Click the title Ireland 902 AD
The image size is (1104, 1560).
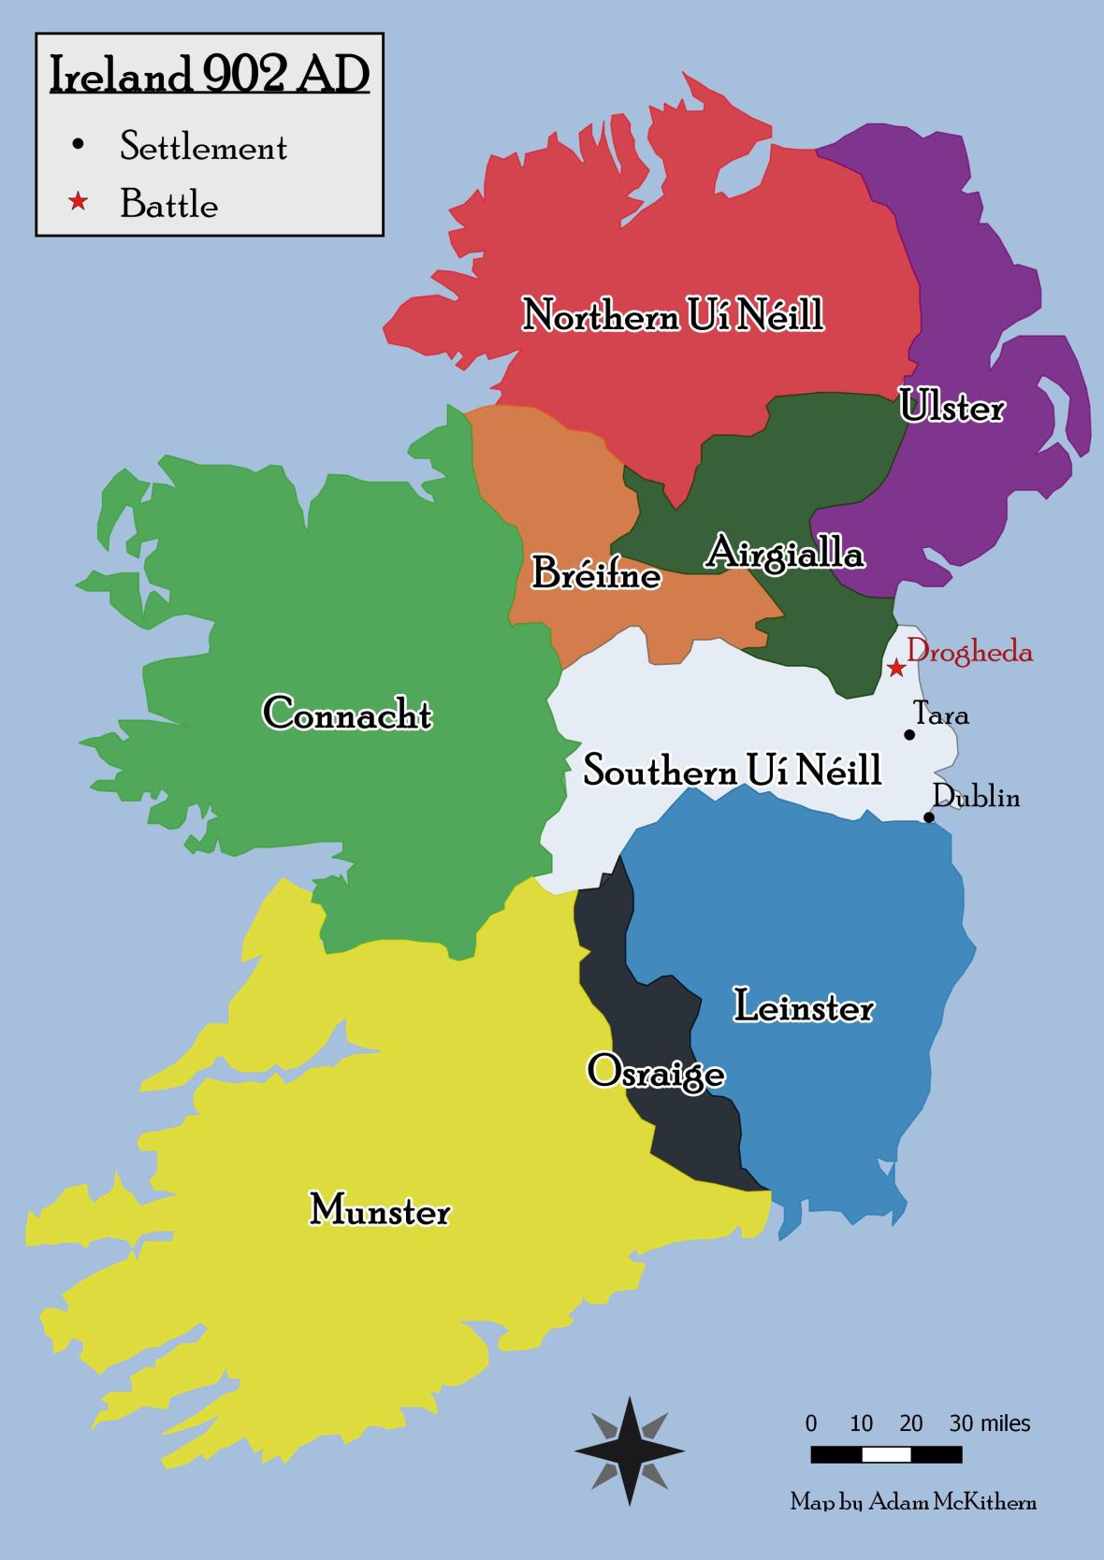(209, 75)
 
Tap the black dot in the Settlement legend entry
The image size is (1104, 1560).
(78, 144)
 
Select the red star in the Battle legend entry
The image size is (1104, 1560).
(78, 202)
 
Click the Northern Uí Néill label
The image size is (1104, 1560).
(673, 315)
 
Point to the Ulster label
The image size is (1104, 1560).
(951, 407)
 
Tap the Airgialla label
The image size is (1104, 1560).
(784, 552)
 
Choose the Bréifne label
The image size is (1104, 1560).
(596, 573)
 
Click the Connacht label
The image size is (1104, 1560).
(347, 714)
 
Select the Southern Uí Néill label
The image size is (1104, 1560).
(732, 772)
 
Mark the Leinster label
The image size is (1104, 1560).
(804, 1007)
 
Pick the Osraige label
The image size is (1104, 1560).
(655, 1072)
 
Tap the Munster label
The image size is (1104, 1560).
(380, 1210)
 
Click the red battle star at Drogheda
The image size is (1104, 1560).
(896, 668)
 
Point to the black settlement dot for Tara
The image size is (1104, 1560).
(908, 735)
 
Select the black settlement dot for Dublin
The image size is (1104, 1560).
(928, 817)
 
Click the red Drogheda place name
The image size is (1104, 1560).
(970, 652)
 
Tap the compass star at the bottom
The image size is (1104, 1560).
(629, 1451)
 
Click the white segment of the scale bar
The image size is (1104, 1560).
(886, 1454)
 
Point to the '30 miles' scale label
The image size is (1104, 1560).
(990, 1423)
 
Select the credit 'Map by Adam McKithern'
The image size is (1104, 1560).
(913, 1502)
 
